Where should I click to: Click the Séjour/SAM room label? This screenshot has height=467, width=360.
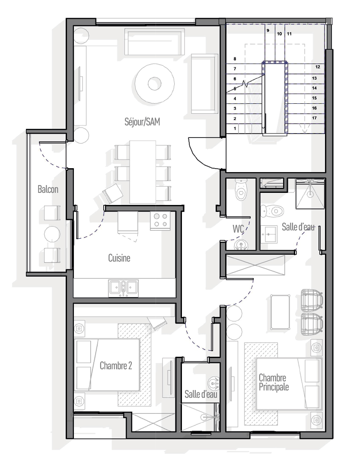tap(142, 122)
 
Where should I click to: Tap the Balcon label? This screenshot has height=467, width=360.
tap(48, 189)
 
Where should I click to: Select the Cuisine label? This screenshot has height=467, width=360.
tap(119, 258)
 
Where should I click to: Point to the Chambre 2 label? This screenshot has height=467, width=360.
tap(115, 365)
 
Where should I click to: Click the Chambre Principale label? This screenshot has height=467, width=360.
tap(274, 382)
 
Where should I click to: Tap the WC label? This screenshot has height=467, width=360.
tap(238, 229)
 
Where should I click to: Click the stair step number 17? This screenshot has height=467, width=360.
tap(314, 118)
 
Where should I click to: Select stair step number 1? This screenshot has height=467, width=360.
tap(235, 129)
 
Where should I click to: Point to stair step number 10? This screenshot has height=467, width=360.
tap(279, 34)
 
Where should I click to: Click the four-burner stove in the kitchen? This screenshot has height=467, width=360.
tap(160, 221)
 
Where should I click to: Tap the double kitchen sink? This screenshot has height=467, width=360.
tap(123, 288)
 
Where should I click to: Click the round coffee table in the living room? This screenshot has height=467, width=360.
tap(154, 83)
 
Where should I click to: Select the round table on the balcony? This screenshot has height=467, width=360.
tap(52, 234)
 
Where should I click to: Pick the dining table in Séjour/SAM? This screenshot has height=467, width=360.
tap(143, 172)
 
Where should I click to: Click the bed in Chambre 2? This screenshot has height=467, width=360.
tap(107, 365)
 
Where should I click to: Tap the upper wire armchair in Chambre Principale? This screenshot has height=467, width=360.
tap(312, 299)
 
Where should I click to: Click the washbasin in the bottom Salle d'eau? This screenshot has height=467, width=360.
tap(214, 383)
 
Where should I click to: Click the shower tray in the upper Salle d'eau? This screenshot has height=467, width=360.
tap(310, 194)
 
